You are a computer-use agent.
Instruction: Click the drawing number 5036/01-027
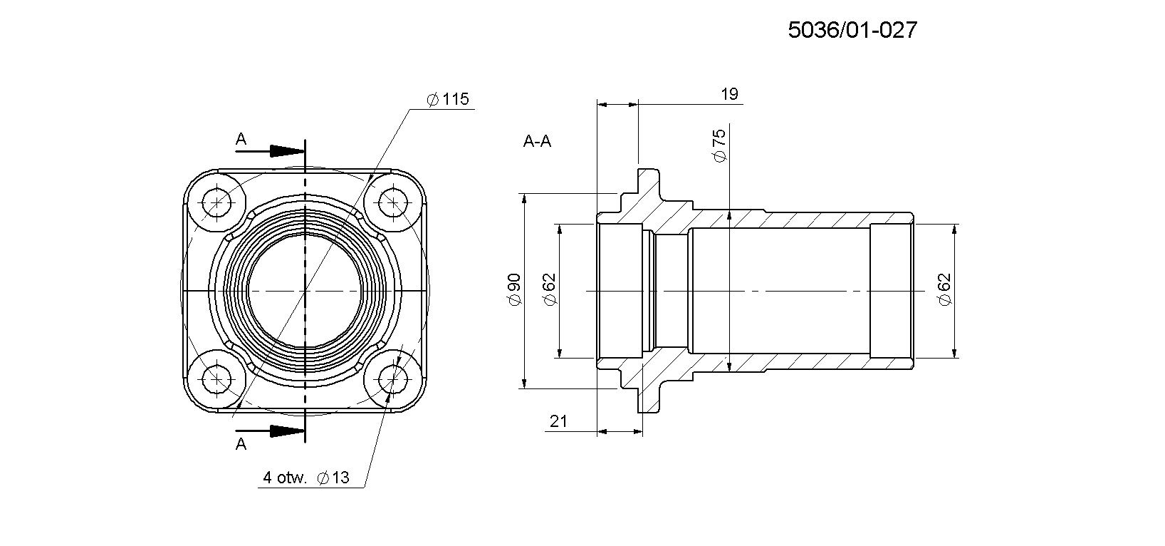click(852, 30)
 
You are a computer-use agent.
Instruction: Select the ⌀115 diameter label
click(448, 99)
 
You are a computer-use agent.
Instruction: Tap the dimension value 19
click(729, 94)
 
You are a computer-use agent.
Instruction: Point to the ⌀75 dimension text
click(719, 145)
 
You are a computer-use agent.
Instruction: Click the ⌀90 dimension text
click(514, 290)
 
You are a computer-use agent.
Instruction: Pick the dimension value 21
click(558, 421)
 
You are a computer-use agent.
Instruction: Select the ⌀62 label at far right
click(944, 290)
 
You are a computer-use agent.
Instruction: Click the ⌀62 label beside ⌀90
click(549, 290)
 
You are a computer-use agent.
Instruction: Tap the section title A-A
click(537, 141)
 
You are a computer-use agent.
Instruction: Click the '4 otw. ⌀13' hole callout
click(305, 478)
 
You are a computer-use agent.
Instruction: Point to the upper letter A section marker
click(241, 139)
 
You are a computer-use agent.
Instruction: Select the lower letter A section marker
click(241, 444)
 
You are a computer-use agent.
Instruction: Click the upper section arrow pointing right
click(270, 151)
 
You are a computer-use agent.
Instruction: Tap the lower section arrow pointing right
click(270, 431)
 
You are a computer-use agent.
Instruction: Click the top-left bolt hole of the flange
click(217, 202)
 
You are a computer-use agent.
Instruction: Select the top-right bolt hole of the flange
click(393, 202)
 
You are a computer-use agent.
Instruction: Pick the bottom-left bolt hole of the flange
click(217, 379)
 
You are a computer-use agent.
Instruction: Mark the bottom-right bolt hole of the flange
click(393, 379)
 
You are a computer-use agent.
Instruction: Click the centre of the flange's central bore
click(305, 290)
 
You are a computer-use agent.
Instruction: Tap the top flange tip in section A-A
click(649, 170)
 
